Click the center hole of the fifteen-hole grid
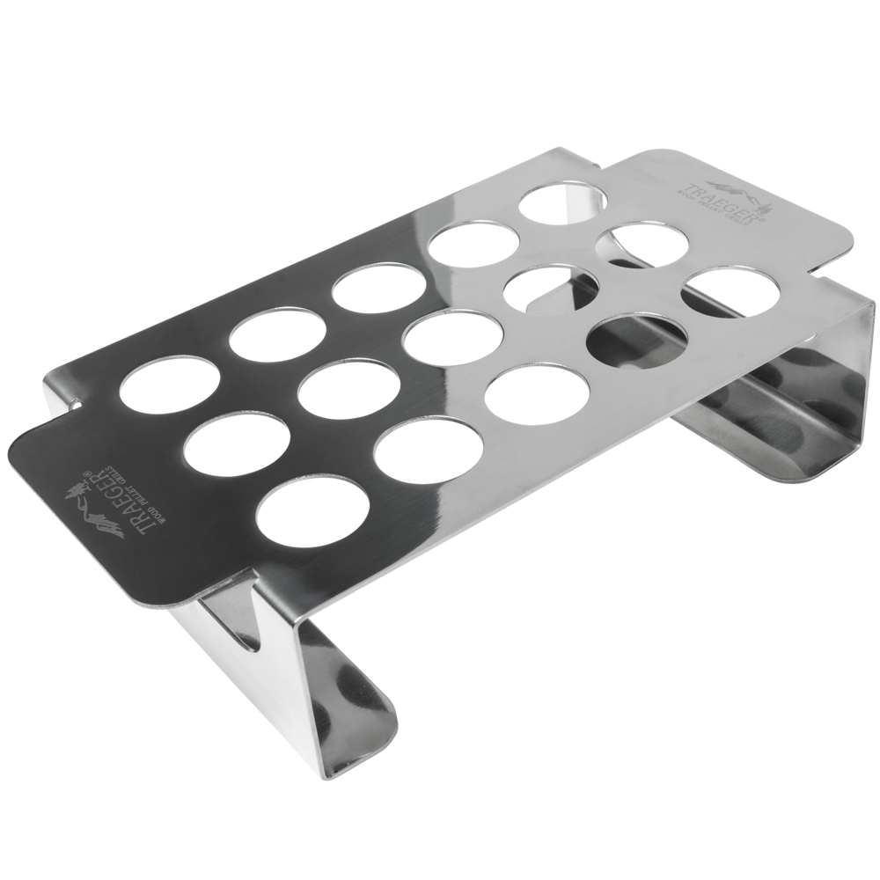(x=439, y=339)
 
